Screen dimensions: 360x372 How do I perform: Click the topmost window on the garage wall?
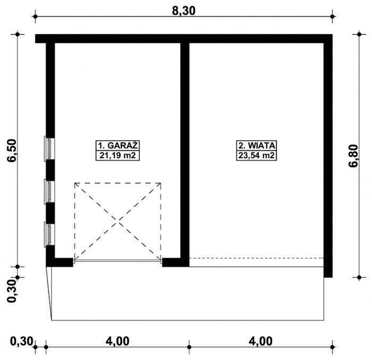(48, 148)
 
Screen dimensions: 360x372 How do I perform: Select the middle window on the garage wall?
(48, 191)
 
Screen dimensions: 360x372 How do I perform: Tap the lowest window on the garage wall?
(48, 234)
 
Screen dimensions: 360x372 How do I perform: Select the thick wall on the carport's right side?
(328, 159)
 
